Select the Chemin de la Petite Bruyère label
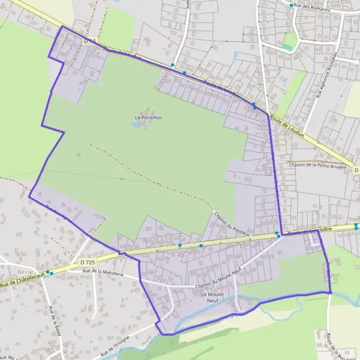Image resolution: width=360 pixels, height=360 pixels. (318, 165)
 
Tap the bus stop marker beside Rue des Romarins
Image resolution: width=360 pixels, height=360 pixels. (292, 5)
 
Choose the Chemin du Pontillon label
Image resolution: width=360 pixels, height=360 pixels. (231, 223)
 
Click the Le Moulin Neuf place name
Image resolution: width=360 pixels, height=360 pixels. (212, 298)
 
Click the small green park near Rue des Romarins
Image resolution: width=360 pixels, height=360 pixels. (290, 41)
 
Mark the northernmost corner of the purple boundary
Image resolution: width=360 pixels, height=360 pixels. (62, 26)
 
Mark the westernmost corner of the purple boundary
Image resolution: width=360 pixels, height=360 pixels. (29, 196)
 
